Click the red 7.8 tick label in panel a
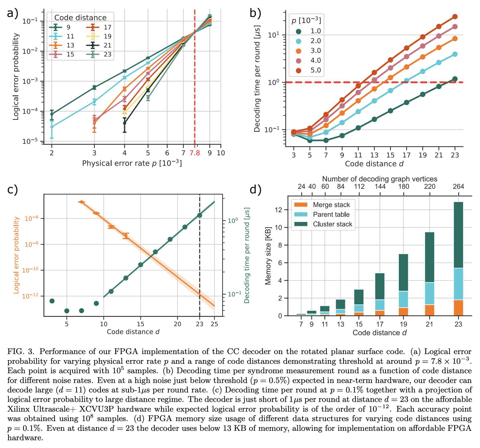tap(195, 153)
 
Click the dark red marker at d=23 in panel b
tap(455, 17)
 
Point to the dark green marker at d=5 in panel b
tap(310, 140)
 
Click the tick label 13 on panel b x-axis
tap(374, 155)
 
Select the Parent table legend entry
tap(331, 215)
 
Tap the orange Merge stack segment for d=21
tap(429, 310)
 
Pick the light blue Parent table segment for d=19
tap(403, 299)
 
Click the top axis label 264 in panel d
tap(458, 186)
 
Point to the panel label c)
tap(13, 190)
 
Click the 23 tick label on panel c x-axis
tap(199, 324)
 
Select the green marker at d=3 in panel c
tap(52, 301)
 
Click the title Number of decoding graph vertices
tap(380, 179)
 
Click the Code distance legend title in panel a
tap(80, 18)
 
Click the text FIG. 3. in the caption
tap(21, 351)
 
